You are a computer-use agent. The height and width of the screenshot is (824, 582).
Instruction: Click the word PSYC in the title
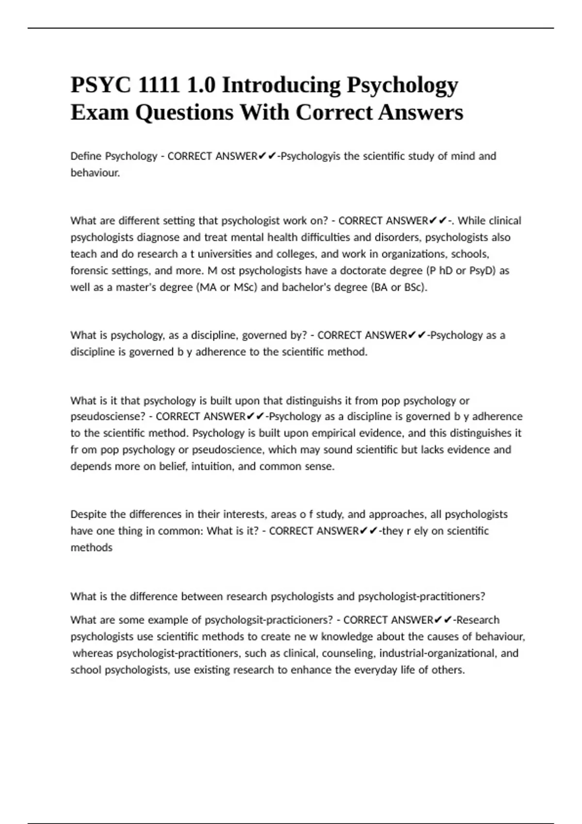101,85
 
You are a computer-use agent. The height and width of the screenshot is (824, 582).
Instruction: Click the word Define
86,156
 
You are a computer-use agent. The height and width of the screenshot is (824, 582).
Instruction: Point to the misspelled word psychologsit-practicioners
269,620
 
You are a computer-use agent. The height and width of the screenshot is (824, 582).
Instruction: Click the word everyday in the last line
376,670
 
